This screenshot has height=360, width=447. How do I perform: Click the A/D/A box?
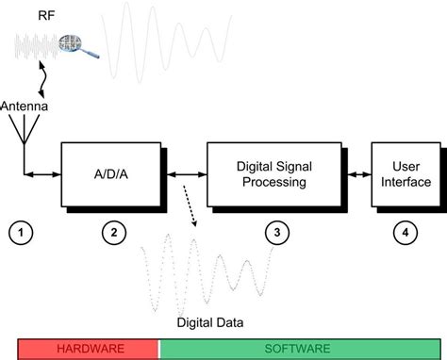tap(111, 174)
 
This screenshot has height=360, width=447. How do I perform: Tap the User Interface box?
tap(406, 174)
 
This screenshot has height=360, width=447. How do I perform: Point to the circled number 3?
tap(274, 231)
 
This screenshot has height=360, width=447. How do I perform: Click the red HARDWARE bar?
tap(88, 348)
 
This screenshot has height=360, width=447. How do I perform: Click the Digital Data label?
tap(210, 322)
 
